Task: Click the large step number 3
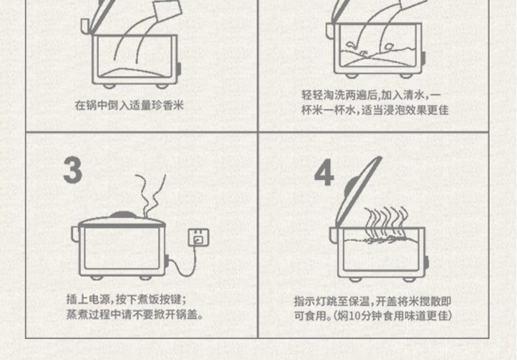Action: pos(73,170)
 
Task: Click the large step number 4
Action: pos(324,172)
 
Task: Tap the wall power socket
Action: pos(198,237)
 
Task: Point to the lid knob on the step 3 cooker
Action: pos(123,215)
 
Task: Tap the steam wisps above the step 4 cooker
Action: pos(385,223)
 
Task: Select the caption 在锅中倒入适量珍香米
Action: pos(129,105)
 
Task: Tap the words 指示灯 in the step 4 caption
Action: pos(310,301)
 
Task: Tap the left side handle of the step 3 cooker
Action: pos(75,234)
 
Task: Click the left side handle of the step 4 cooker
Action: pos(334,236)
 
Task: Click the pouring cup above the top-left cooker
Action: pos(168,10)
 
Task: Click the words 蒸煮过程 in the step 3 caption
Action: pos(88,314)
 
